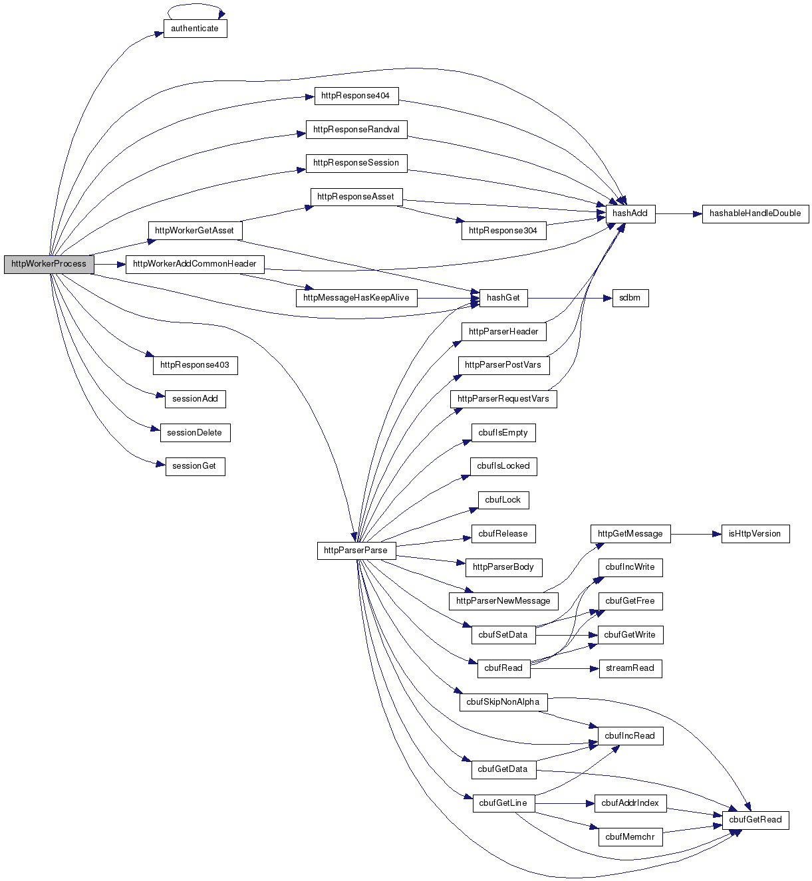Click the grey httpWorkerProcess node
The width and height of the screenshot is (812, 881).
[49, 264]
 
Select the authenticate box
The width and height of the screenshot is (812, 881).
[195, 29]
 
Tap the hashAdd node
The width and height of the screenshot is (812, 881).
[630, 213]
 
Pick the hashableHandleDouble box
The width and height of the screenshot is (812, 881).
[755, 213]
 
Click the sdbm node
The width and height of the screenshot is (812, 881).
[629, 298]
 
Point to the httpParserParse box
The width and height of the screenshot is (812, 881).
[356, 551]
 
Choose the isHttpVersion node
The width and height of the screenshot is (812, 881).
[755, 534]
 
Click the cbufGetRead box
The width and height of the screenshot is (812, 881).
[755, 820]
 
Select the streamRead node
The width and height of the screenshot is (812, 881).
[630, 668]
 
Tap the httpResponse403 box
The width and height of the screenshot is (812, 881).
[195, 365]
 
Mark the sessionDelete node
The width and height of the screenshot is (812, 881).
[195, 433]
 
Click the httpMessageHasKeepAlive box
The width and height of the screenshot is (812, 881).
[356, 298]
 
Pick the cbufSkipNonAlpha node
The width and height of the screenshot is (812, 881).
[503, 702]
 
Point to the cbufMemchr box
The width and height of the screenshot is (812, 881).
[630, 837]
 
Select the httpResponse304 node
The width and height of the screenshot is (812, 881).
[503, 231]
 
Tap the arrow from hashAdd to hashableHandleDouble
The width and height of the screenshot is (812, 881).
[678, 213]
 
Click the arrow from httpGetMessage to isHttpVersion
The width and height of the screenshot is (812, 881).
[696, 534]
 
